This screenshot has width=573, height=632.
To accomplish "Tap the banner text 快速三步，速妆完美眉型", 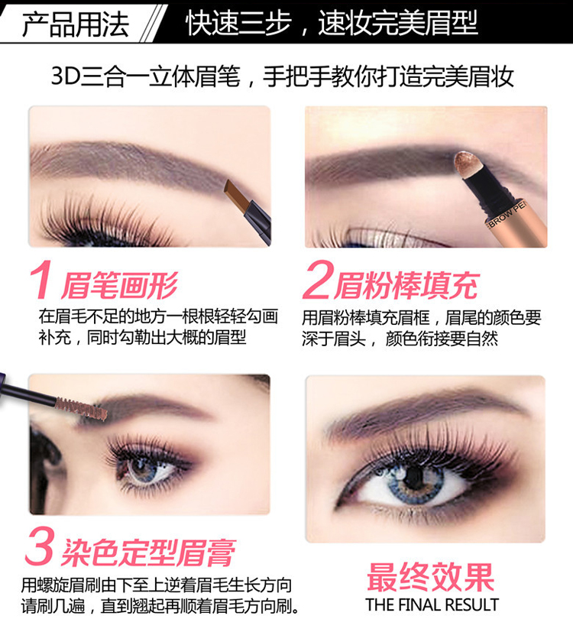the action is click(x=332, y=23).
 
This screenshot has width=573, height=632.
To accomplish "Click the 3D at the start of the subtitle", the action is click(x=66, y=76).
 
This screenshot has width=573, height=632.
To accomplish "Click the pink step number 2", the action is click(x=318, y=280).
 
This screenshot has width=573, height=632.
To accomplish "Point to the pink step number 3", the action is click(x=40, y=546).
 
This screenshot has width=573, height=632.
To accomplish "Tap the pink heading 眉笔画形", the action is click(x=119, y=286).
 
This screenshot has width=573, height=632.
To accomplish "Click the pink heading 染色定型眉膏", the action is click(x=148, y=553).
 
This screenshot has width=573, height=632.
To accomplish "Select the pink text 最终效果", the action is click(x=430, y=577).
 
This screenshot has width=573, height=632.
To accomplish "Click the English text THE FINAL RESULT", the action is click(x=432, y=604).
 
